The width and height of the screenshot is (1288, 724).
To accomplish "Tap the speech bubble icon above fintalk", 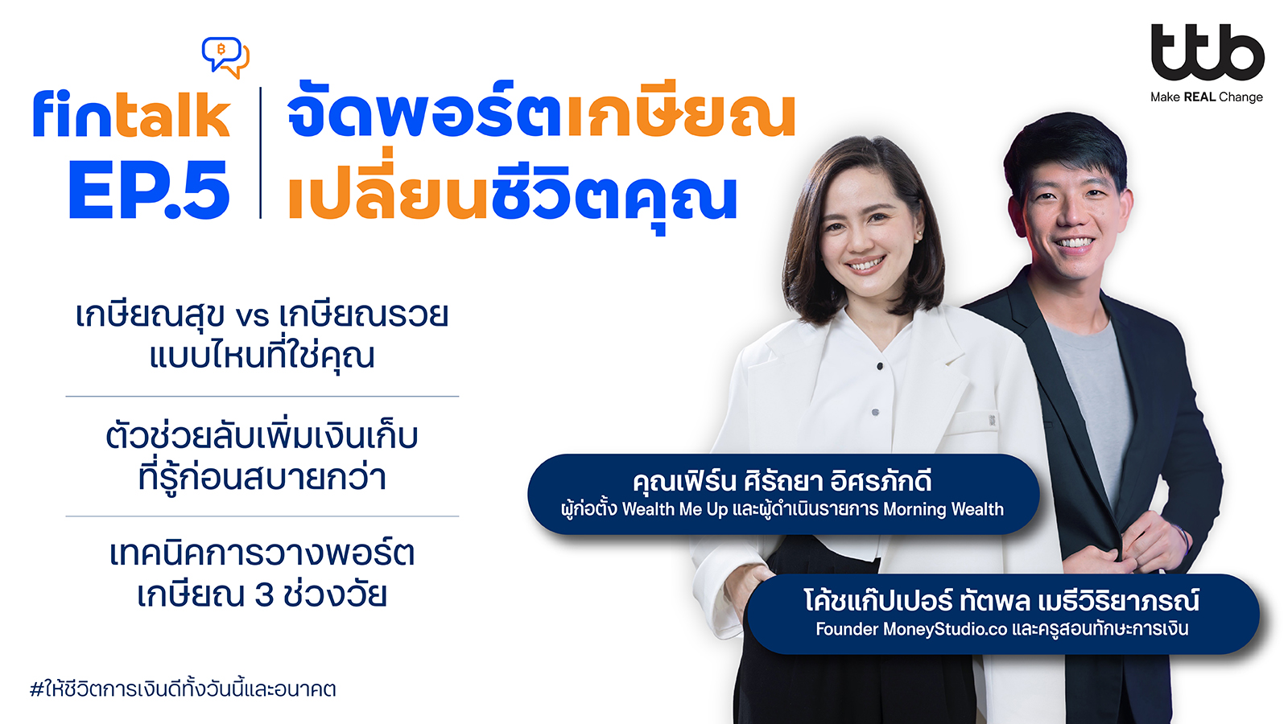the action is pos(225,57).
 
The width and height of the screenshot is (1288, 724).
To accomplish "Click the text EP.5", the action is pos(149,190).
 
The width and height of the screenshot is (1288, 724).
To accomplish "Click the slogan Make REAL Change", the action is pos(1207,97).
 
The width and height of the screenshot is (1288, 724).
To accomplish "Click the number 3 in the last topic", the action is pos(263,595).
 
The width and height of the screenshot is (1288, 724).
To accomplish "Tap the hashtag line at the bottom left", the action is pos(183,689).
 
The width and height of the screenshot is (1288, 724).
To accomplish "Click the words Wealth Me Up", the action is pos(675,509).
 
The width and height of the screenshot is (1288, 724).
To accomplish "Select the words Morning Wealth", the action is pos(943,509).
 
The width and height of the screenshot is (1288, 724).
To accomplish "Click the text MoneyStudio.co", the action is pos(945,629).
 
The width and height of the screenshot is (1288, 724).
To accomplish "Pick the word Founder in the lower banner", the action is pos(846,629).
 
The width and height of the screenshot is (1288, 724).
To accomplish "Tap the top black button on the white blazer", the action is pos(880,366).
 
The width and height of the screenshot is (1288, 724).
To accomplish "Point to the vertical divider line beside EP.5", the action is pos(261,153).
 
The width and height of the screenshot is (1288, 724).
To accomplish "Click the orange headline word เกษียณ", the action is pos(681,115).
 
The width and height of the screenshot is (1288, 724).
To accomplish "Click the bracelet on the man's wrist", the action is pos(1183,540).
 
